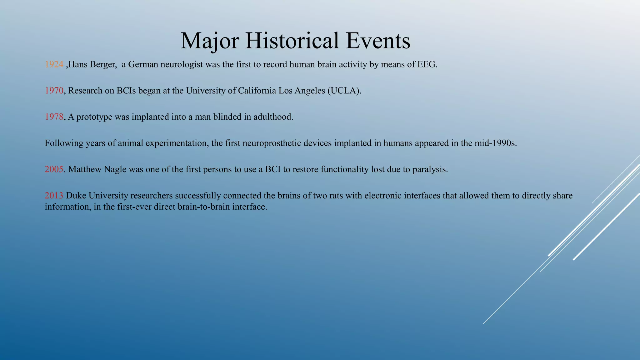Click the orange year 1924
(54, 64)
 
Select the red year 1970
(54, 91)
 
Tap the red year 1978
(54, 117)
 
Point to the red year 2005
(54, 169)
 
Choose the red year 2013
(54, 196)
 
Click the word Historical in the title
(292, 41)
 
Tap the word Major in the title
(210, 41)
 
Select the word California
(257, 91)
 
